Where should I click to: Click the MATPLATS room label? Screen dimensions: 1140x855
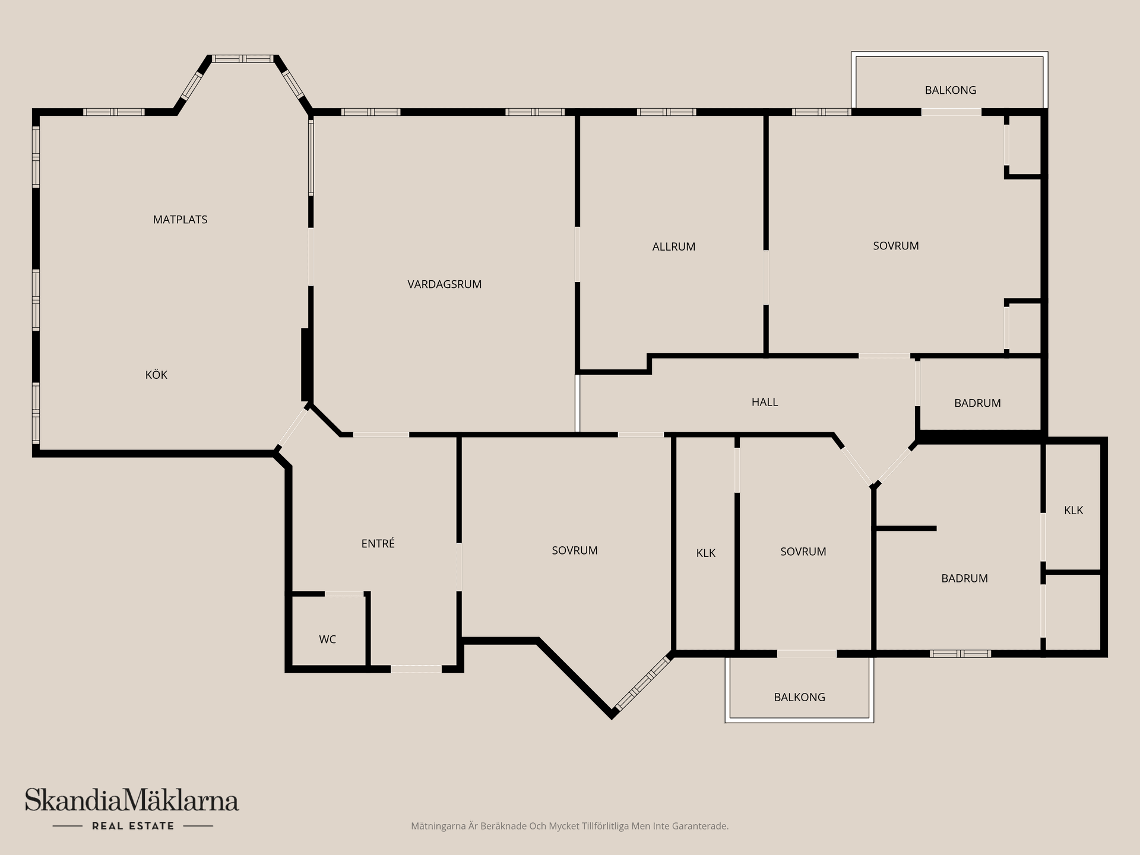point(180,220)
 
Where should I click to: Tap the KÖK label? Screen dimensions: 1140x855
point(156,375)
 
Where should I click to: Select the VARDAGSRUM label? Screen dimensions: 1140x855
point(444,284)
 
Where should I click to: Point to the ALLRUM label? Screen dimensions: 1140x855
point(673,247)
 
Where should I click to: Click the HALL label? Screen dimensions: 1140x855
point(765,402)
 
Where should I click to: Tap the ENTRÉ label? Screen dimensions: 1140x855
point(378,543)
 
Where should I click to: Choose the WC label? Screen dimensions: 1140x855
point(327,639)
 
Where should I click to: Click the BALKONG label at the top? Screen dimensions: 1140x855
point(950,90)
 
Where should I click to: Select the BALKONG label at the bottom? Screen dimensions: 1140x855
point(799,697)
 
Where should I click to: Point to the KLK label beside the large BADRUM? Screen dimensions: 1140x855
point(1073,510)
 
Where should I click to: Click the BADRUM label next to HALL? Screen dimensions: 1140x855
point(977,403)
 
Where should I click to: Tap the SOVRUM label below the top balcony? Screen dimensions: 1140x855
point(895,246)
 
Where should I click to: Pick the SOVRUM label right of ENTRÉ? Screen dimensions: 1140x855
point(574,550)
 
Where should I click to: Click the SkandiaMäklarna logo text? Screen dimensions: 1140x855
point(132,800)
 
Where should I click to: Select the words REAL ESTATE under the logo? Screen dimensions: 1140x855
point(133,826)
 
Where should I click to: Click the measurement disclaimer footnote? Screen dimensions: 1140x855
point(569,826)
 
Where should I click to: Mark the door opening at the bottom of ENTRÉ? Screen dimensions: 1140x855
point(416,669)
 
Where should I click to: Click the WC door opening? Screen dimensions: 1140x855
point(344,594)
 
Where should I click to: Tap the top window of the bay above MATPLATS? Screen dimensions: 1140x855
point(242,59)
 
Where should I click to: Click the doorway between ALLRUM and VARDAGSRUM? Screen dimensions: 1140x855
point(577,255)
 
